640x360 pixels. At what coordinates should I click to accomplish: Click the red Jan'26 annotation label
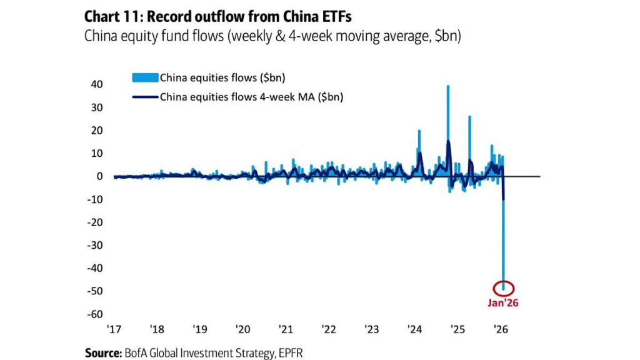pyautogui.click(x=504, y=303)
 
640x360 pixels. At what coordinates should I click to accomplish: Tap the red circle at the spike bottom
pyautogui.click(x=504, y=288)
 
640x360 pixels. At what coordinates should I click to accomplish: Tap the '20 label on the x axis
pyautogui.click(x=243, y=329)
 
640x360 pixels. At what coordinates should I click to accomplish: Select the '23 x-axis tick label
pyautogui.click(x=371, y=329)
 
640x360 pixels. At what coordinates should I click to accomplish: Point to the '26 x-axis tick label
pyautogui.click(x=500, y=329)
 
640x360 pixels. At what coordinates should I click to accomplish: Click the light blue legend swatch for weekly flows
pyautogui.click(x=145, y=77)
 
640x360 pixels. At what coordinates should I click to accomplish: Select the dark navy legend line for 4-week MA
pyautogui.click(x=145, y=97)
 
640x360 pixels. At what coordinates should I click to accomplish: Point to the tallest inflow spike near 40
pyautogui.click(x=447, y=86)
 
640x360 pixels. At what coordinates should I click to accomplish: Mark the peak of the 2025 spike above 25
pyautogui.click(x=469, y=117)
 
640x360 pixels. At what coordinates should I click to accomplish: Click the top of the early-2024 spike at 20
pyautogui.click(x=419, y=131)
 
